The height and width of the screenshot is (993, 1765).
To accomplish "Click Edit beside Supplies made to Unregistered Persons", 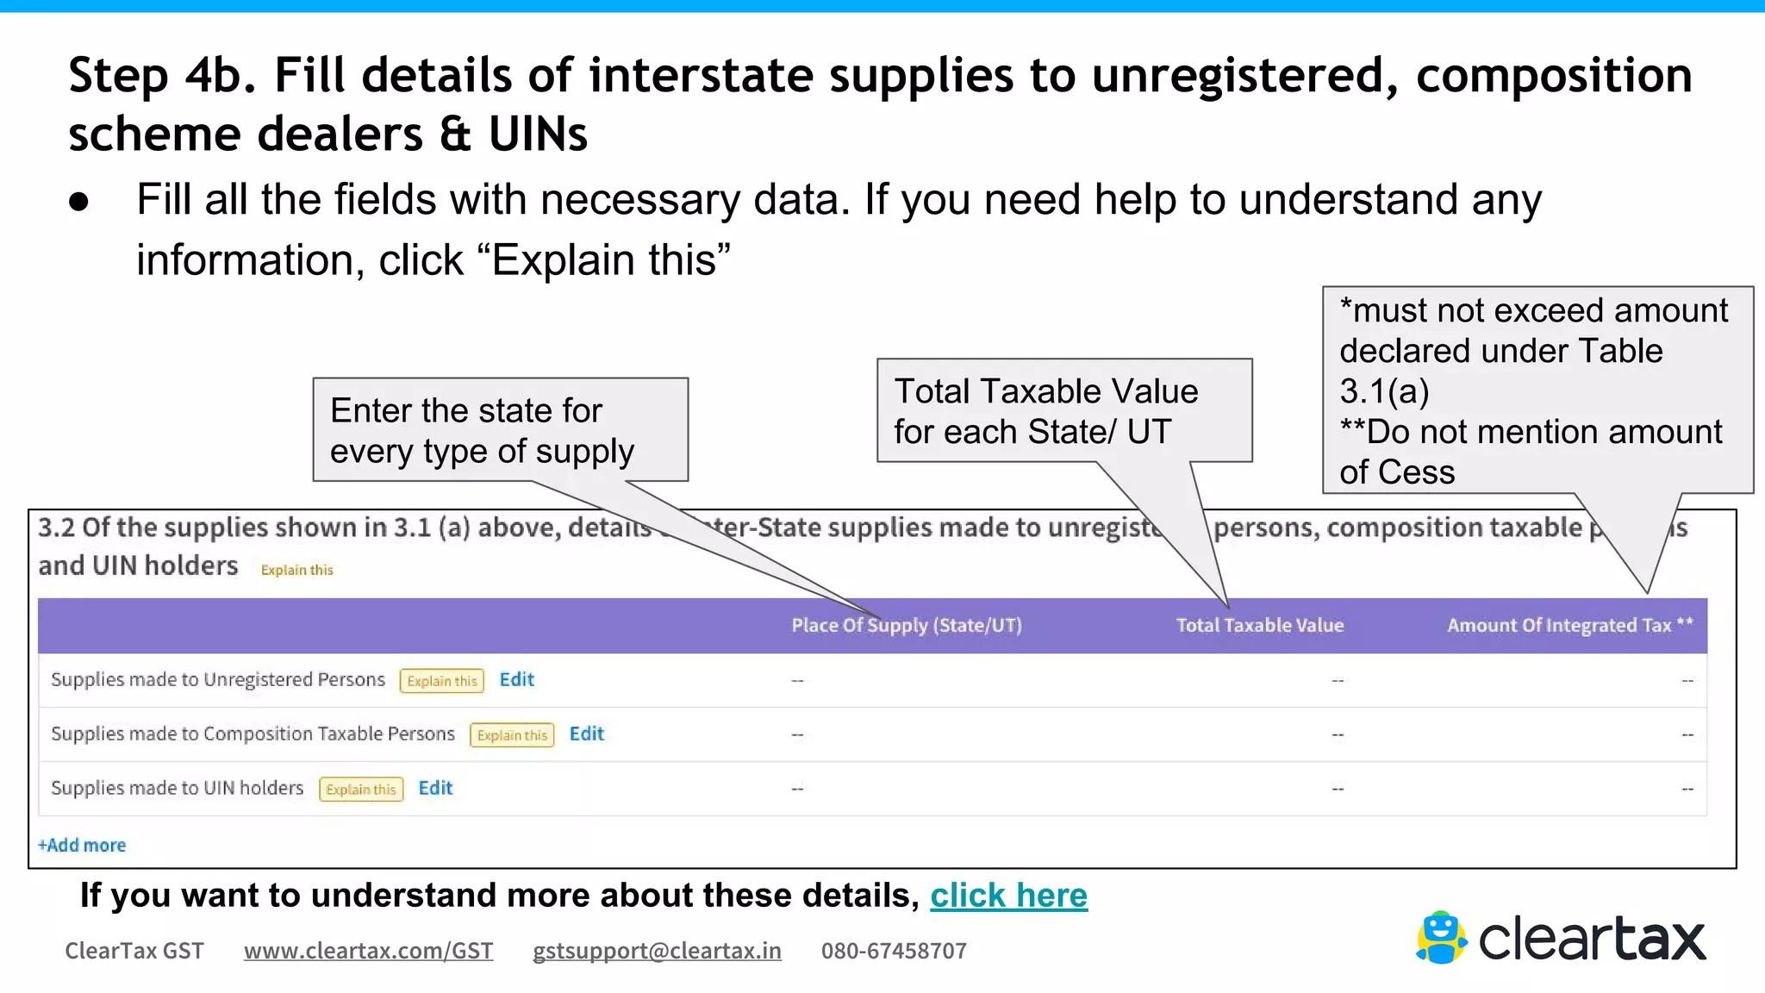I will (x=516, y=679).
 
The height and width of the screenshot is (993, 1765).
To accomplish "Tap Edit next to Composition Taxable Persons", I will (x=586, y=734).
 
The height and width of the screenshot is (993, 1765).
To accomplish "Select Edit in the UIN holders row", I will (x=435, y=788).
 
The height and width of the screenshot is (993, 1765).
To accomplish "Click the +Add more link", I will (x=82, y=845).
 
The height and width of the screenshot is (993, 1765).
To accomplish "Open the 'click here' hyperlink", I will (x=1008, y=896).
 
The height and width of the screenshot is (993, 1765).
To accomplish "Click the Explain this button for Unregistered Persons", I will (x=441, y=681).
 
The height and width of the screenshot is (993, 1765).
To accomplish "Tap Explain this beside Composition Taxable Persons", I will (x=512, y=735).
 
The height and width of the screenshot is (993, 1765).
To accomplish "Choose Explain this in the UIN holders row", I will (x=361, y=790).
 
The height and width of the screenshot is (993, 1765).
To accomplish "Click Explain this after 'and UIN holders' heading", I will (x=296, y=570).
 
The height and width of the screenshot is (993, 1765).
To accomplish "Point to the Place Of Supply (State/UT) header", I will (x=907, y=625).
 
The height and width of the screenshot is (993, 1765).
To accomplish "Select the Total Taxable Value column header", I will (x=1259, y=625).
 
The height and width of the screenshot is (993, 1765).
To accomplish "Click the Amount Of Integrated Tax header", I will (x=1569, y=625).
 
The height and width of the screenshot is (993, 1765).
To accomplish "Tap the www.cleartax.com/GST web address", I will (x=368, y=951).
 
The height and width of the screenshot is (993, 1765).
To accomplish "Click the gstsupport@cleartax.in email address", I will (x=657, y=951).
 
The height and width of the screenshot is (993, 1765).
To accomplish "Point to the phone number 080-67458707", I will (x=894, y=951).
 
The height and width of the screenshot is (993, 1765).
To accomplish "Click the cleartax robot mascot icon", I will (x=1441, y=938).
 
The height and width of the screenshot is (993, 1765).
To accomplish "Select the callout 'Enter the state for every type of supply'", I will (x=500, y=429).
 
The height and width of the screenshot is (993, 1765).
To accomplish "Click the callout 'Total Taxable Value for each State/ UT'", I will (x=1064, y=410).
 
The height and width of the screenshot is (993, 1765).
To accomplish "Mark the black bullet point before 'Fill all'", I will (x=79, y=203).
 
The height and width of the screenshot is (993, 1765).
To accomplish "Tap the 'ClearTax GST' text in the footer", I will (x=134, y=951).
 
